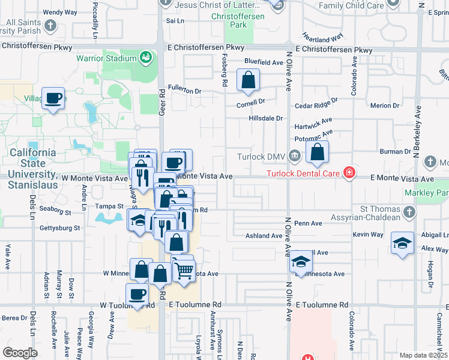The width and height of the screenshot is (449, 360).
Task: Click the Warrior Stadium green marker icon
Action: (145, 58)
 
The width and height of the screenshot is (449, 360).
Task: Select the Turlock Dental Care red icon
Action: (348, 174)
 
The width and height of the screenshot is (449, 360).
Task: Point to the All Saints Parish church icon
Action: (51, 26)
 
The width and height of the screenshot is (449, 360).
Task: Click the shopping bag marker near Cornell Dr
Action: (248, 80)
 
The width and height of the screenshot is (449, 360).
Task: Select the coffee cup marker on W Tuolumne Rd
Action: (137, 295)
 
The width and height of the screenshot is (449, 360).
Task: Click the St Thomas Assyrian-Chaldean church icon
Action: (408, 211)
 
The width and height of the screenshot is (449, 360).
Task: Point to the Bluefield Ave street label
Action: (263, 62)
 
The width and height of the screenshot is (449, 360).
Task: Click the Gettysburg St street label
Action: (59, 228)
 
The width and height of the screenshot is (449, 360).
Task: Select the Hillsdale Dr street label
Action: (265, 118)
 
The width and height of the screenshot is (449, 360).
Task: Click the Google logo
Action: (20, 353)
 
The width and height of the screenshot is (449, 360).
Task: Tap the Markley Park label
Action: (435, 193)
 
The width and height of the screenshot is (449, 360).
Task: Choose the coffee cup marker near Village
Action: (53, 98)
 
